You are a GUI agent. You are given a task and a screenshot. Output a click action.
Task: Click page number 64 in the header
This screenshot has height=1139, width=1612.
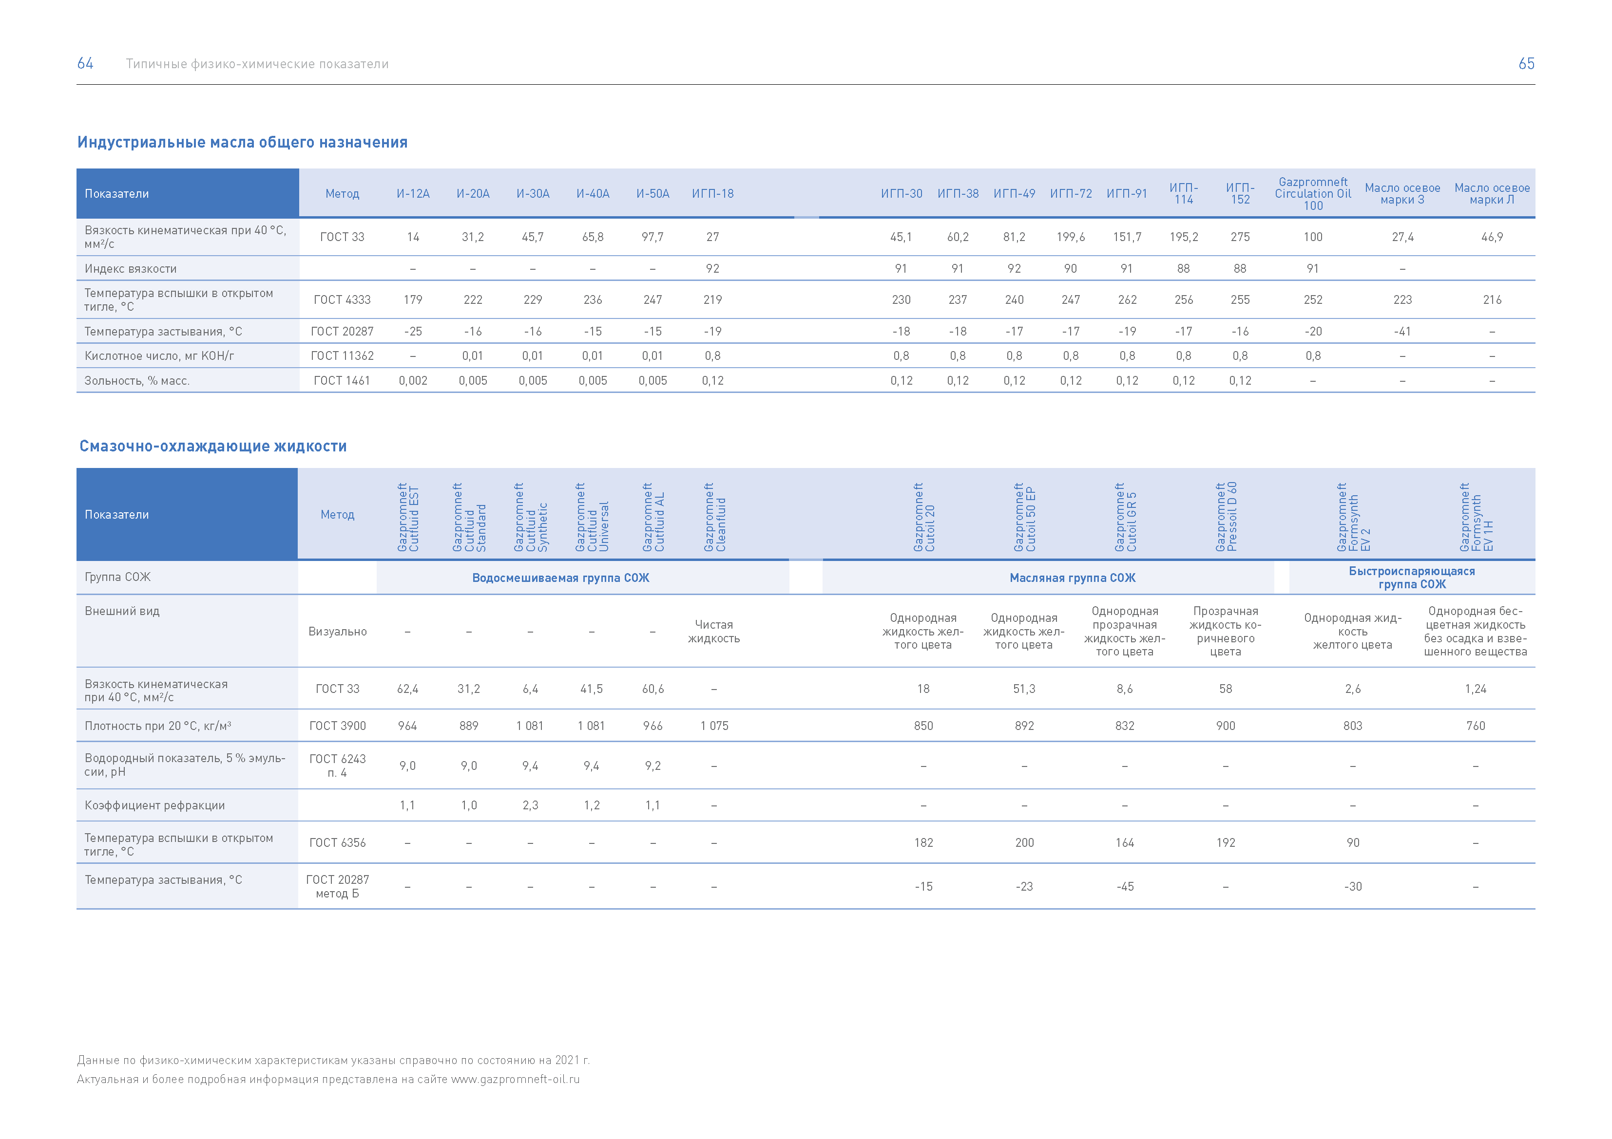[85, 63]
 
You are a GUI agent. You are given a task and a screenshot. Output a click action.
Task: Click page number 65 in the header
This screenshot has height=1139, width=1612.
[1526, 63]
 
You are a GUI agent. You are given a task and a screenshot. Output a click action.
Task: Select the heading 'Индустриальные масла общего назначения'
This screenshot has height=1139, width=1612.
[242, 143]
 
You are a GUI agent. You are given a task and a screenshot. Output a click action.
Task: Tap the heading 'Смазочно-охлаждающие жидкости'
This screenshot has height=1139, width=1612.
[213, 447]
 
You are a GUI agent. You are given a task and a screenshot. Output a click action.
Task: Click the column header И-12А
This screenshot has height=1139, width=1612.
[413, 194]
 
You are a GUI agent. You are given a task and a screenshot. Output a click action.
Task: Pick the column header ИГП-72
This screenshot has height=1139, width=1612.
[1071, 194]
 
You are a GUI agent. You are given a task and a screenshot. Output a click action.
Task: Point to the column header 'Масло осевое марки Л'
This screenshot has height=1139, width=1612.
[1492, 194]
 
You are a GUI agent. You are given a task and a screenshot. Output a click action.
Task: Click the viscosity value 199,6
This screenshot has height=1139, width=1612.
[1071, 237]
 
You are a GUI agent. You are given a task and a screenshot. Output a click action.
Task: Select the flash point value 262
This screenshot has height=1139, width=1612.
[1127, 299]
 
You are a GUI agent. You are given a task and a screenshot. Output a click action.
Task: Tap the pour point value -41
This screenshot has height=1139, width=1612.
[1402, 331]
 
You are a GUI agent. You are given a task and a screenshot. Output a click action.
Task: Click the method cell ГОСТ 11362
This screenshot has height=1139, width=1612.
[342, 356]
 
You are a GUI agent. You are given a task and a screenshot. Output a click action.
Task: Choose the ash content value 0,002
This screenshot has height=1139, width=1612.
[413, 380]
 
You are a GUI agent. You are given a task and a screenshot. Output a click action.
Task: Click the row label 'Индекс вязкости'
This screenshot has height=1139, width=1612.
[131, 269]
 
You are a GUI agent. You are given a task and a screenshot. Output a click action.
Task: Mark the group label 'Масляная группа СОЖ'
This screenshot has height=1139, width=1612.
[1072, 578]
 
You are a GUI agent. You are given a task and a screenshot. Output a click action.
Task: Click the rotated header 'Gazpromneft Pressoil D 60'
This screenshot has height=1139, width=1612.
[1226, 517]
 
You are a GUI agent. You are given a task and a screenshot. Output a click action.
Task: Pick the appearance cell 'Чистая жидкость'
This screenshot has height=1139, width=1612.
[713, 631]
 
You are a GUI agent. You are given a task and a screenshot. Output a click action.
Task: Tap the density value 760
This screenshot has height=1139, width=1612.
[1475, 726]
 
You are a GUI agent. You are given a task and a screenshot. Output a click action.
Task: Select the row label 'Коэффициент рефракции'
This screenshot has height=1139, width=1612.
[154, 805]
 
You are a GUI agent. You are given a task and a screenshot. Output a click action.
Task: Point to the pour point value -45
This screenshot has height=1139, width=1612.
[1125, 886]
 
